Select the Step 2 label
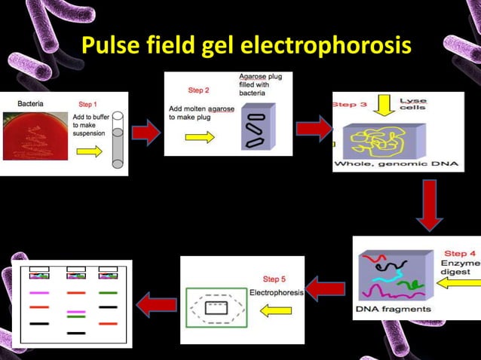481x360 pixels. [x=198, y=90]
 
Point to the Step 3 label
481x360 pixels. [x=350, y=104]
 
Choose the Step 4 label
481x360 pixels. [x=460, y=254]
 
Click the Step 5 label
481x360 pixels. [x=274, y=279]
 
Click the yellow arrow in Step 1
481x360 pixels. [x=89, y=151]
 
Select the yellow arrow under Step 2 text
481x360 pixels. [x=199, y=136]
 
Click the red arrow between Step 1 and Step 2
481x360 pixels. [x=146, y=134]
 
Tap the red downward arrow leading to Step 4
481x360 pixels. [x=429, y=205]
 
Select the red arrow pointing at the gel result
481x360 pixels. [x=155, y=304]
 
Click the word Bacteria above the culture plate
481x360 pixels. [x=30, y=102]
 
